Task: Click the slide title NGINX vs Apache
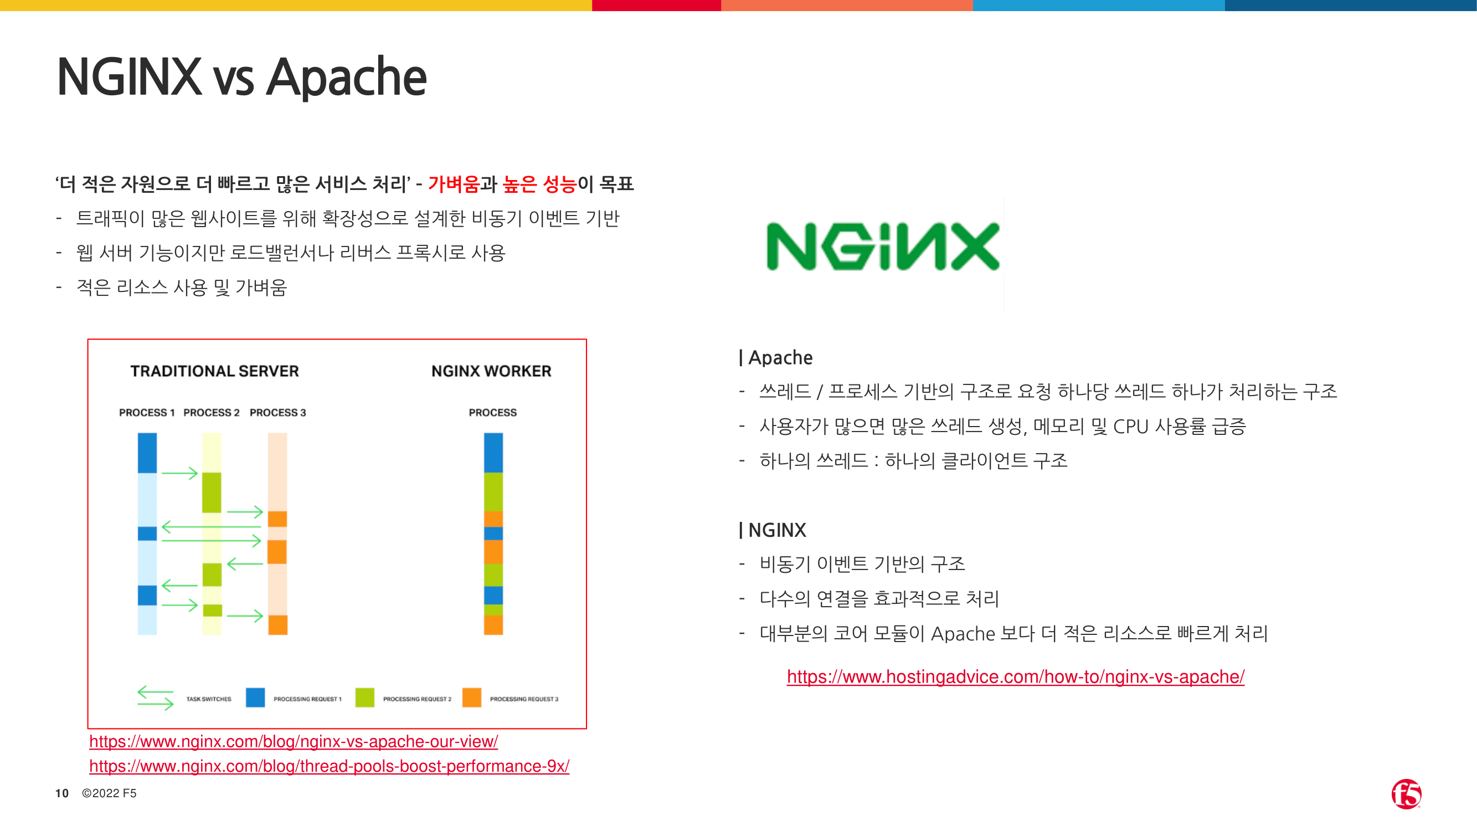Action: coord(241,78)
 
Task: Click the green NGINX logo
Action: coord(883,246)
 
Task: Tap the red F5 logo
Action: coord(1407,794)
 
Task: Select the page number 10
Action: coord(62,793)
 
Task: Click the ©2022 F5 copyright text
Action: coord(109,793)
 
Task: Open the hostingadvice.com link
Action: coord(1016,677)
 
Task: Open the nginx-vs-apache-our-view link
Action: coord(294,742)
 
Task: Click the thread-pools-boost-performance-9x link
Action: coord(329,766)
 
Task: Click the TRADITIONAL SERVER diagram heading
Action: coord(214,371)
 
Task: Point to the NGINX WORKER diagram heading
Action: coord(491,371)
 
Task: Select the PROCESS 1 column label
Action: coord(147,412)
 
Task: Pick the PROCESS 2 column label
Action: coord(212,412)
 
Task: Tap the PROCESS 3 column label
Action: coord(277,412)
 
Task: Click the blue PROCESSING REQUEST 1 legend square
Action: coord(255,697)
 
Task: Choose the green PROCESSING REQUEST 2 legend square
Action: coord(364,697)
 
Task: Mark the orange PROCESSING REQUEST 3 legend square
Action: coord(472,697)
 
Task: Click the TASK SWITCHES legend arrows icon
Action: coord(156,698)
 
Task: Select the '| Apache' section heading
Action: coord(776,358)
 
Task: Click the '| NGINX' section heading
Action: coord(773,530)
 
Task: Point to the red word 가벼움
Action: coord(454,184)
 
